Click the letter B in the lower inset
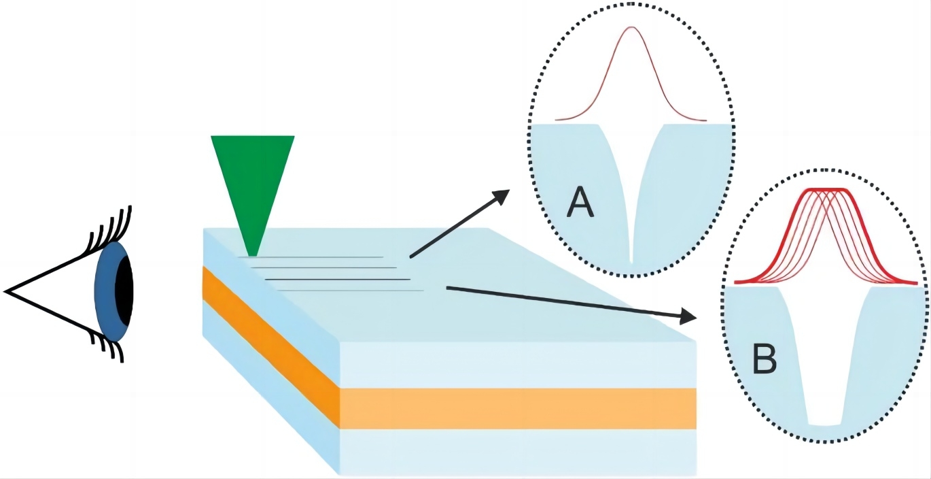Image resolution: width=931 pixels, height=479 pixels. [x=765, y=361]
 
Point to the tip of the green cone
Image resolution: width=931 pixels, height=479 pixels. [x=252, y=254]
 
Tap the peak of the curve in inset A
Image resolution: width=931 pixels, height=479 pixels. [x=631, y=28]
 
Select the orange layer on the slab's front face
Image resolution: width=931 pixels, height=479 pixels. [x=516, y=408]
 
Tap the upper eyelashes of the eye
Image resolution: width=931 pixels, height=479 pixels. [x=109, y=225]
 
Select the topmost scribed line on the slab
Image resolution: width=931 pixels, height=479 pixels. [x=313, y=257]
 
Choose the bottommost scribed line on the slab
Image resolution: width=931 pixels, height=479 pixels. [x=350, y=291]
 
